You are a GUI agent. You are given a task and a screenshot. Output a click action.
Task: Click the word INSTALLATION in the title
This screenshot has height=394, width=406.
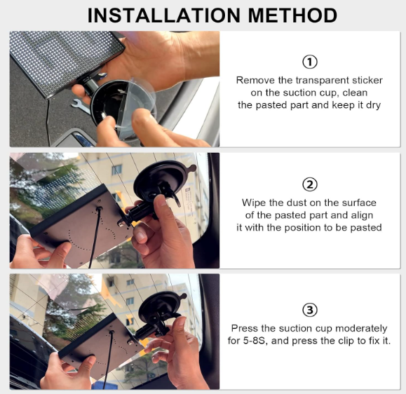[x=164, y=15]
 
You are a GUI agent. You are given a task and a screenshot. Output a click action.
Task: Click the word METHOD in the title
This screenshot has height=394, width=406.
[x=292, y=15]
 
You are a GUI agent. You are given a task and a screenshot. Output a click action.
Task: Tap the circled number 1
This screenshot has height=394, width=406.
[x=310, y=62]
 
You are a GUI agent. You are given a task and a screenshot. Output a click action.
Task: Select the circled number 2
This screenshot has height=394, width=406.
[x=310, y=184]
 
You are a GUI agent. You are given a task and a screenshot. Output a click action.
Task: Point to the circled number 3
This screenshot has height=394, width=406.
[x=310, y=310]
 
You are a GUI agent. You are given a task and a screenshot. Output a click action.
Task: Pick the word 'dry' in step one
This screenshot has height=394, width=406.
[x=373, y=105]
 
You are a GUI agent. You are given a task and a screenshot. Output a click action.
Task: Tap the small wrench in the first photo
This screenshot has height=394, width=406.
[x=81, y=106]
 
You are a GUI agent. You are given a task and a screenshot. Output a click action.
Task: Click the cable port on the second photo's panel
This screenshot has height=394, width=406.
[x=100, y=209]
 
